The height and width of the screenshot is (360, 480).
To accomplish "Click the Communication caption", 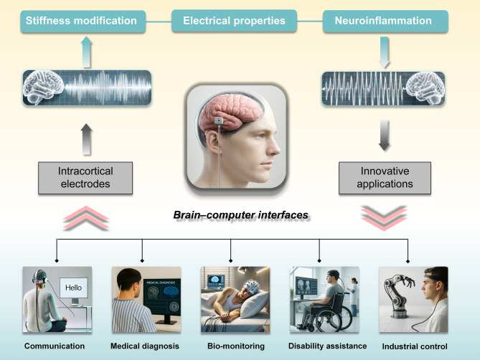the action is click(x=55, y=346).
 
